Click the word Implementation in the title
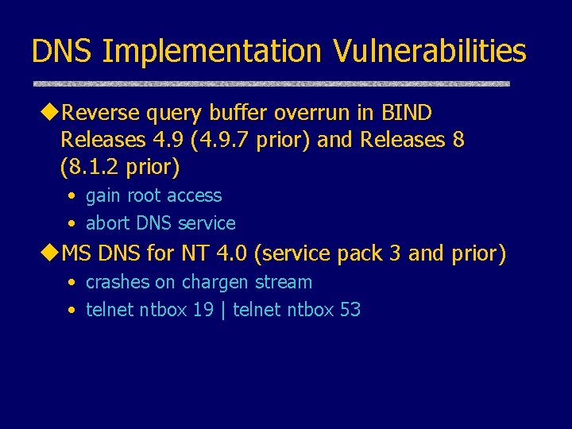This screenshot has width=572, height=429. tap(210, 52)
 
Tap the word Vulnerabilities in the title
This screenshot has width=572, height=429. tap(429, 52)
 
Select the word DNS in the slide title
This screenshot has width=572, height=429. tap(63, 52)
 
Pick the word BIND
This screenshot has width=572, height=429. tap(409, 113)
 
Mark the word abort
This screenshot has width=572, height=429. tap(106, 223)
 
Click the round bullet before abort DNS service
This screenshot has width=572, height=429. tap(72, 224)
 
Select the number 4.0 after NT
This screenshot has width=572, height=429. tap(231, 253)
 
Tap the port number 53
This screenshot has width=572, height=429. tap(350, 310)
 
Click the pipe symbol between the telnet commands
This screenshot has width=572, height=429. tap(223, 310)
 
